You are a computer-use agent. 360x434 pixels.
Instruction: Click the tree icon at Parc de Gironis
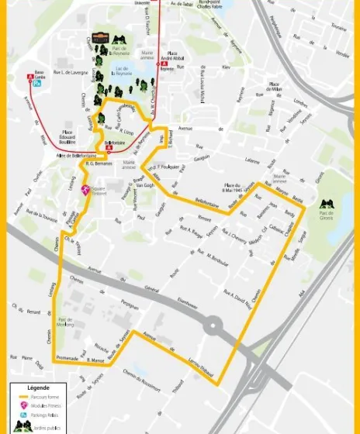click(x=327, y=205)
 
